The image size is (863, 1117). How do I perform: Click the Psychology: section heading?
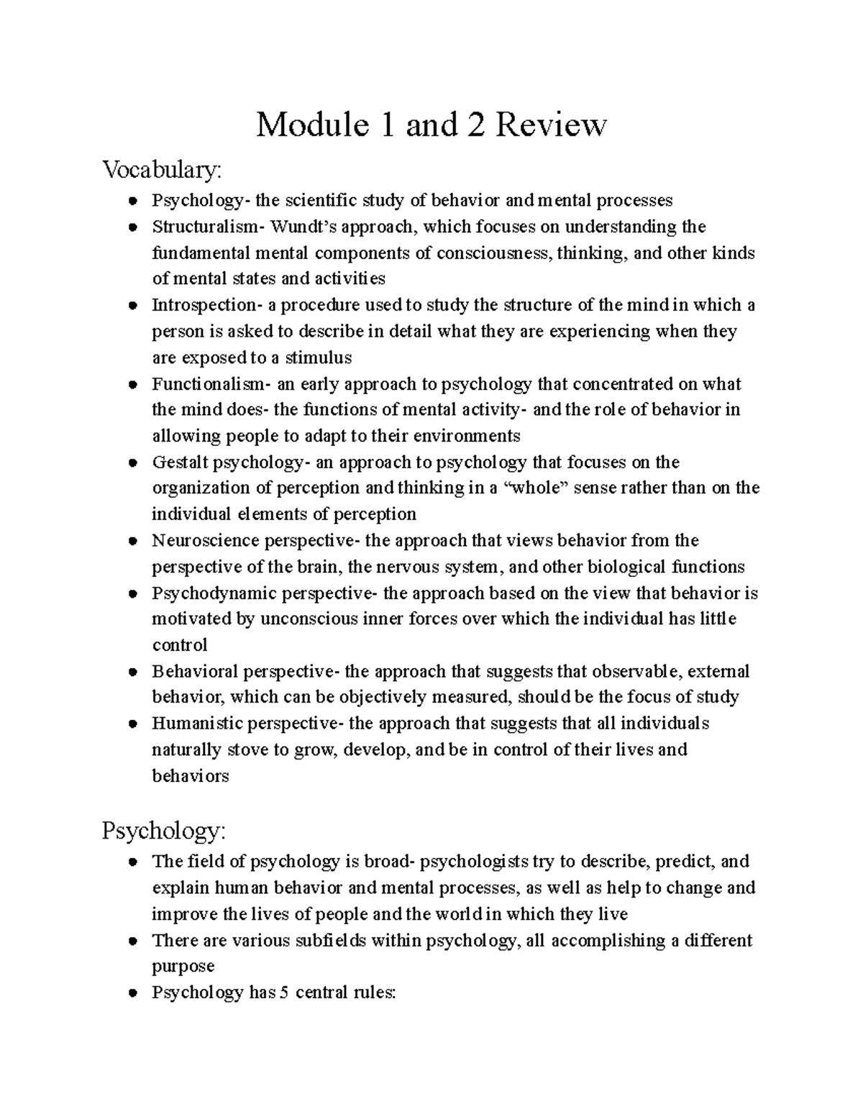pyautogui.click(x=164, y=831)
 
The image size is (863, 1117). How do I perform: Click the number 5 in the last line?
pyautogui.click(x=284, y=993)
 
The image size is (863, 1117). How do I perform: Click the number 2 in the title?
pyautogui.click(x=478, y=125)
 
